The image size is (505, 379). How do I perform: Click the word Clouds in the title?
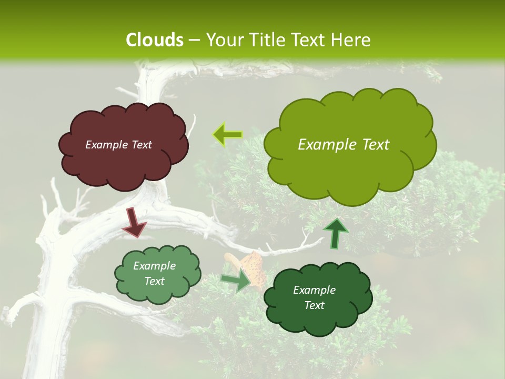(154, 39)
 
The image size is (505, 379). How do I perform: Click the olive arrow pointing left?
(227, 135)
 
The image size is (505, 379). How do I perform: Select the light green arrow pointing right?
(237, 280)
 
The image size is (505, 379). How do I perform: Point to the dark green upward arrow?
(335, 232)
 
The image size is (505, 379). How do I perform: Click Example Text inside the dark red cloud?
(118, 145)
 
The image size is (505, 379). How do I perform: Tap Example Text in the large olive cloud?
(344, 145)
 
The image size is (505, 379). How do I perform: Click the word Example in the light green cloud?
(154, 266)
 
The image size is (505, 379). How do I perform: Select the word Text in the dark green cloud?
(314, 305)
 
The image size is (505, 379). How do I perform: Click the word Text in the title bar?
(311, 39)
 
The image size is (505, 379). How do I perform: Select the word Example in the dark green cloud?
(314, 290)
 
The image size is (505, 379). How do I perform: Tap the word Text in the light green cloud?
(154, 281)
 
